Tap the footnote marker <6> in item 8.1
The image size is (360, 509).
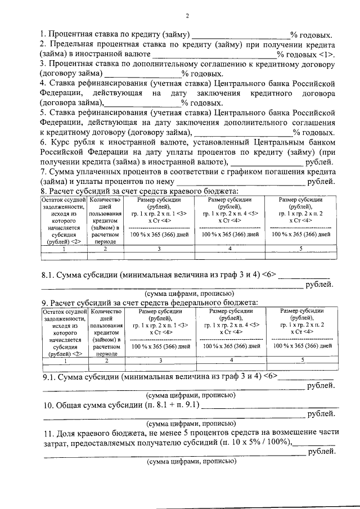(270, 275)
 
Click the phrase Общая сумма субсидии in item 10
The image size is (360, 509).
(104, 405)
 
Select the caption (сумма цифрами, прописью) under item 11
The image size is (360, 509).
(191, 462)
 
